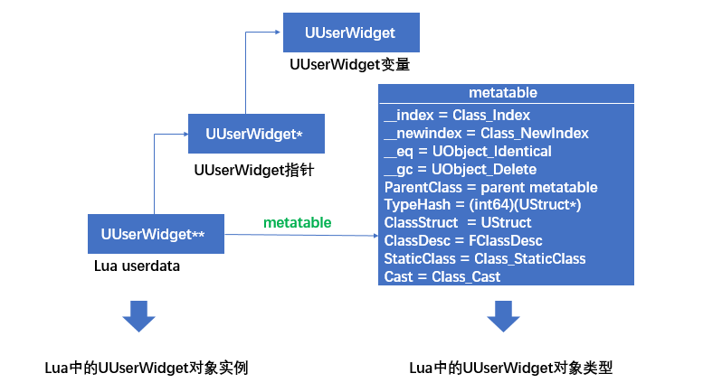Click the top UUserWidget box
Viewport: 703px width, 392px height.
pos(349,33)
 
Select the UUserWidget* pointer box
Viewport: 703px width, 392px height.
pos(254,134)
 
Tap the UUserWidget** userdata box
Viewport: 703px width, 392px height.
pos(155,234)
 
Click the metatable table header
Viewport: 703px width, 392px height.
pos(503,93)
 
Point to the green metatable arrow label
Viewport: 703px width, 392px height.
pos(297,222)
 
